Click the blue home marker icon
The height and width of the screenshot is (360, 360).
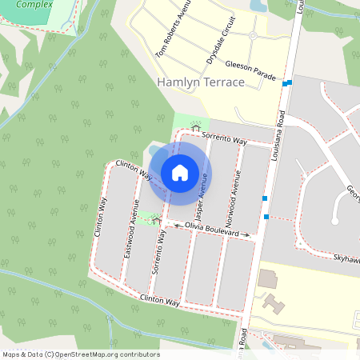click(180, 172)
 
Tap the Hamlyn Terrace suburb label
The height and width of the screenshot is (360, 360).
click(201, 82)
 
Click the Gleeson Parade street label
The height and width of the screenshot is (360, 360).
click(250, 70)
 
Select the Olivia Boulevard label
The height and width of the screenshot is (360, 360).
click(212, 230)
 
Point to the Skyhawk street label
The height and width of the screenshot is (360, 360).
click(346, 258)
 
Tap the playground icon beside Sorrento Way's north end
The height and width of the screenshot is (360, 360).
click(194, 127)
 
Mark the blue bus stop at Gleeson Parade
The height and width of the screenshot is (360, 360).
click(288, 82)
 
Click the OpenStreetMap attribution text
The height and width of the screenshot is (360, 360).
click(81, 354)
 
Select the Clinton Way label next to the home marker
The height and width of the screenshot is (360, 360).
click(134, 169)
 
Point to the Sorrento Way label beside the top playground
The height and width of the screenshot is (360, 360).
click(223, 138)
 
